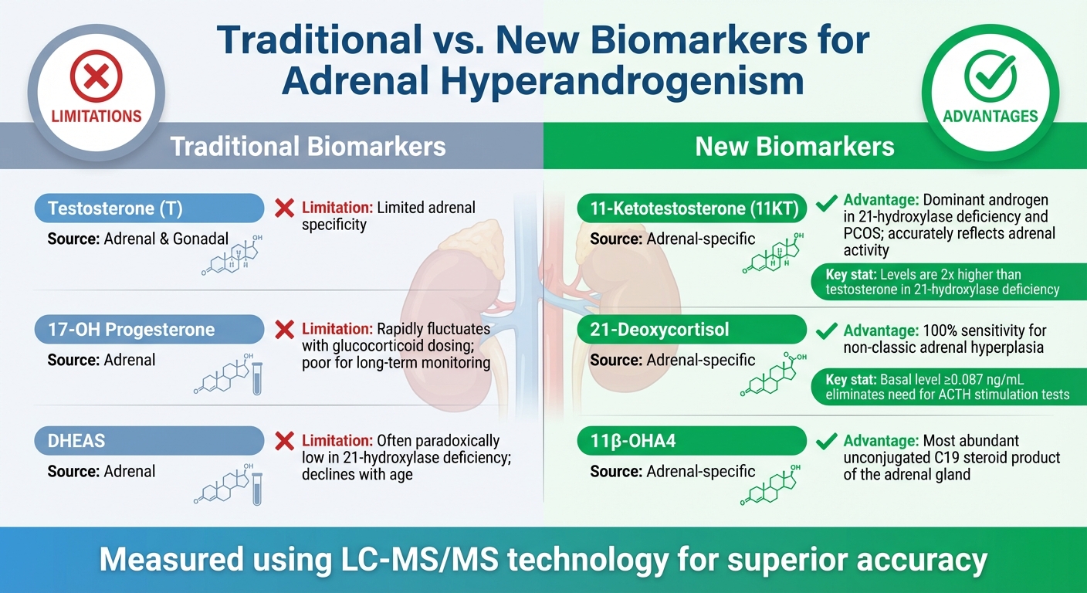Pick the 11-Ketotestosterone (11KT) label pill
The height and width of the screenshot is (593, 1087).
pos(692,208)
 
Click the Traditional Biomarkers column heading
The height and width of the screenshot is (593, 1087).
pos(308,146)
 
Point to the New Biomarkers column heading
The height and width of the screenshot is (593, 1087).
pos(794,146)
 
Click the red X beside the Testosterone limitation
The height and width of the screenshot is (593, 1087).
pos(285,208)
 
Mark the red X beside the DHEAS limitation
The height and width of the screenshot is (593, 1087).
pos(285,441)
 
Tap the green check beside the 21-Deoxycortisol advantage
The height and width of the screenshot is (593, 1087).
pos(827,330)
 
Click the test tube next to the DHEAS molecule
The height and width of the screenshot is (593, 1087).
pos(257,491)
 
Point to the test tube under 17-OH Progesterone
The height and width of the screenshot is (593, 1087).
pos(257,381)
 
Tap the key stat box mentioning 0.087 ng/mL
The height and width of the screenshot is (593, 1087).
pos(943,386)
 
